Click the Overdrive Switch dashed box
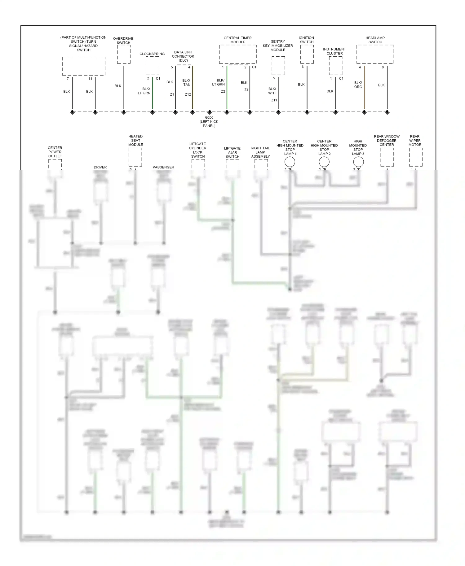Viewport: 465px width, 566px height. [x=124, y=54]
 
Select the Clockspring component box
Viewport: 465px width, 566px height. [x=152, y=66]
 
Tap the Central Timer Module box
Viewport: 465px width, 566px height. [x=238, y=54]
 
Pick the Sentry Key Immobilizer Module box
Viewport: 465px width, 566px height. [x=278, y=66]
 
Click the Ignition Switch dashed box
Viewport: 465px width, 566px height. [x=307, y=54]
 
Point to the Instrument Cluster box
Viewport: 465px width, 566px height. [x=335, y=66]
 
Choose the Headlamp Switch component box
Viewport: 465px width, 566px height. [x=375, y=54]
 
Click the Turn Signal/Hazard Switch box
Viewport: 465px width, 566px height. [x=84, y=66]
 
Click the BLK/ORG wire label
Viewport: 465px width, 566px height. [x=358, y=85]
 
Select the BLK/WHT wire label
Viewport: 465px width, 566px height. [x=272, y=91]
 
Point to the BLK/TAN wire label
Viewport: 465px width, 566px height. [x=187, y=83]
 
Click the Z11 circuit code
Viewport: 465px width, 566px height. [x=274, y=100]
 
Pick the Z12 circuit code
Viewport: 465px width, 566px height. [x=188, y=94]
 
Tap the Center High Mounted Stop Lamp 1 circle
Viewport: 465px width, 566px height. [x=290, y=162]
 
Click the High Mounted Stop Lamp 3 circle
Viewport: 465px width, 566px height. [x=358, y=162]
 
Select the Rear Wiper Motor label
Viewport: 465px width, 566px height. [x=415, y=141]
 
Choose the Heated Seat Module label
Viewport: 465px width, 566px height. [x=135, y=141]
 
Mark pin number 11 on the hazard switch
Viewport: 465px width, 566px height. [x=90, y=79]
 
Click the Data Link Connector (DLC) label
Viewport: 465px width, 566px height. [x=183, y=56]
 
